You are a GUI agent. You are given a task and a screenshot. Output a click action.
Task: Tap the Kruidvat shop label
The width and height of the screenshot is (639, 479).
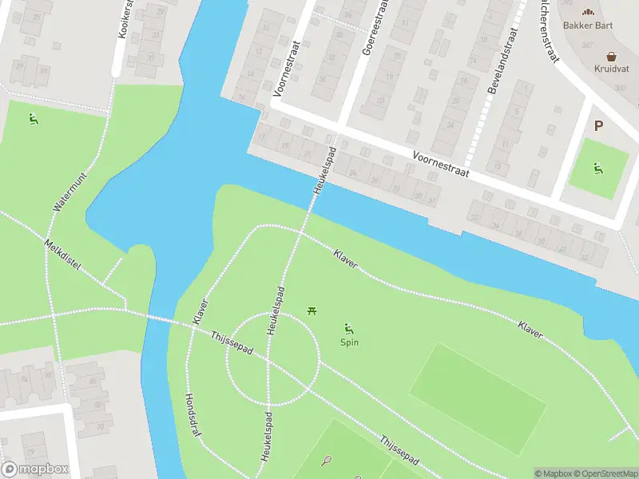tap(611, 68)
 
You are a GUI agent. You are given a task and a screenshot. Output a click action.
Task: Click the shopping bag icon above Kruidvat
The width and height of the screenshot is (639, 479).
tap(612, 56)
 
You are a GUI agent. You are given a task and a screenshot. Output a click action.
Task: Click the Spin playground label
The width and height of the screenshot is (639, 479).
tap(349, 342)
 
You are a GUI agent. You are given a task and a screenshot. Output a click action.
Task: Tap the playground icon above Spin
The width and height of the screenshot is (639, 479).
tap(349, 328)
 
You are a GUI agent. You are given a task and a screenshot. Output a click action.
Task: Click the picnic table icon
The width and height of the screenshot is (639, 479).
tap(312, 311)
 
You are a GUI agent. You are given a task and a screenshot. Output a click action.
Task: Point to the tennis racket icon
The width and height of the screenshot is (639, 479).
tap(326, 460)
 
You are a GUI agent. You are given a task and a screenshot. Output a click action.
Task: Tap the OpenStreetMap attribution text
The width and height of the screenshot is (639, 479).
tap(606, 473)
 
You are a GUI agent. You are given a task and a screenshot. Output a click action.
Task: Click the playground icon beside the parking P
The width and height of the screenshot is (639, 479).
tap(598, 168)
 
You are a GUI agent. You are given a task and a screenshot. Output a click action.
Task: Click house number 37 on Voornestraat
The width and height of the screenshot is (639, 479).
tap(432, 200)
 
